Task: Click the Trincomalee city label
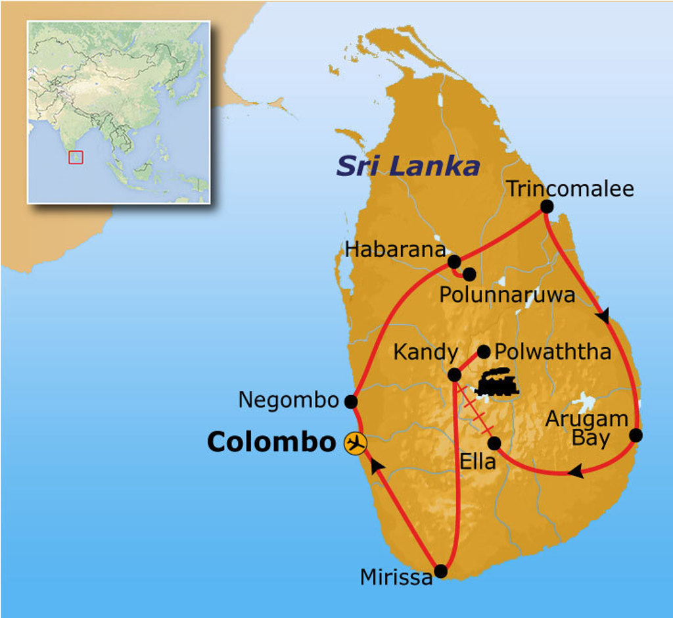[x=570, y=189]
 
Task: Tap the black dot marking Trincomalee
[x=546, y=206]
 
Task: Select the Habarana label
[x=395, y=250]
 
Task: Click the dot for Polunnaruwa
[x=469, y=274]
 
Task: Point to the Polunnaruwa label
[x=507, y=295]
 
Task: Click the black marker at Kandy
[x=454, y=375]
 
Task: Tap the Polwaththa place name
[x=553, y=352]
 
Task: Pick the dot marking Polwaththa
[x=484, y=352]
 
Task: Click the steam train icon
[x=497, y=382]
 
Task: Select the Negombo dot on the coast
[x=351, y=401]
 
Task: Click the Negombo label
[x=288, y=400]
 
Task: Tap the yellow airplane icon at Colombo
[x=356, y=442]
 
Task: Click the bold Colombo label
[x=271, y=442]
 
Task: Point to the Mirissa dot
[x=441, y=572]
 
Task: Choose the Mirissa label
[x=396, y=577]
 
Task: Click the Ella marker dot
[x=494, y=442]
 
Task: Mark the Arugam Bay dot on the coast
[x=636, y=435]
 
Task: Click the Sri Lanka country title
[x=407, y=166]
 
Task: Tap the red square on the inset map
[x=76, y=157]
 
